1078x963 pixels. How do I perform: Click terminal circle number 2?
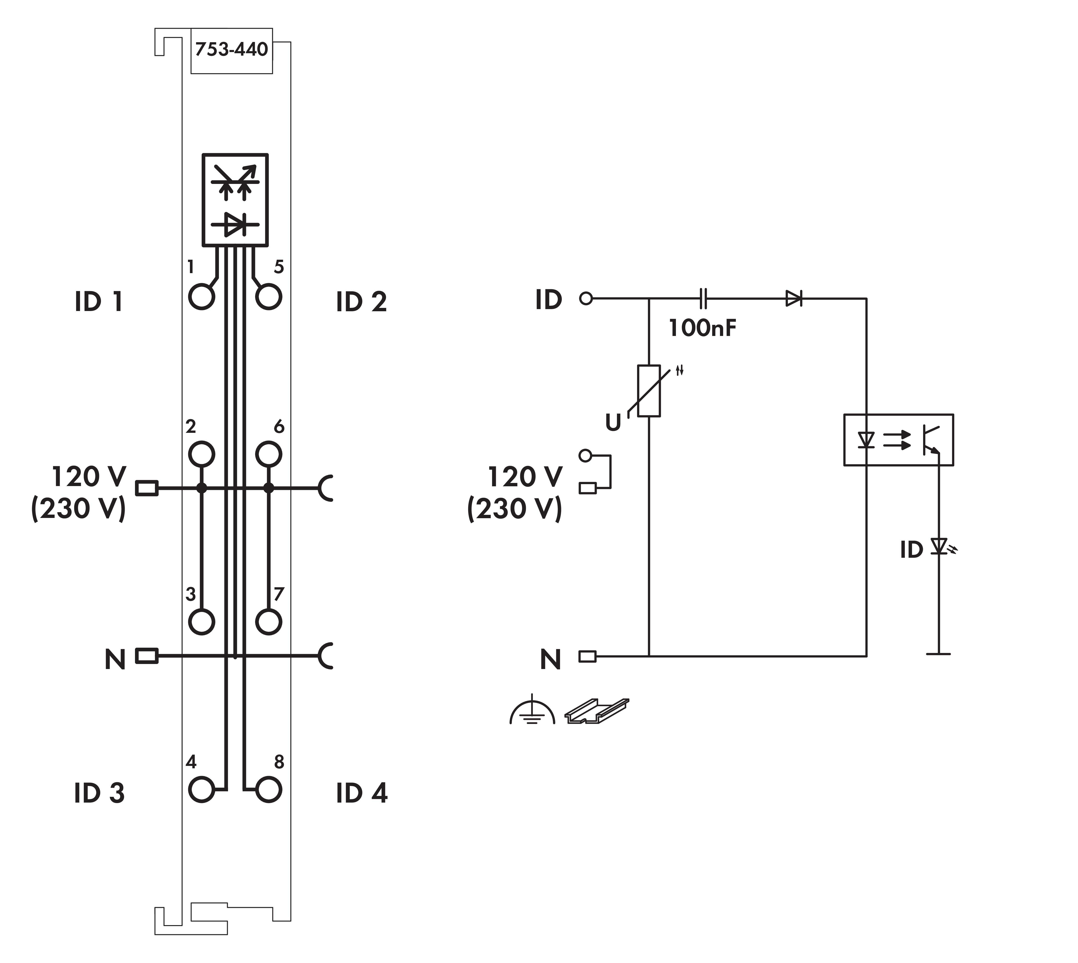click(202, 454)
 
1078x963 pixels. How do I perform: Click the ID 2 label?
click(361, 302)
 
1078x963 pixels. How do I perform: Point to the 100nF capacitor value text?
click(703, 329)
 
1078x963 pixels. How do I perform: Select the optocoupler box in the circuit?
click(898, 440)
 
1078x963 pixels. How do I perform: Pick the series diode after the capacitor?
click(793, 299)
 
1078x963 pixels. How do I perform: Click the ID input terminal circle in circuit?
click(586, 299)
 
